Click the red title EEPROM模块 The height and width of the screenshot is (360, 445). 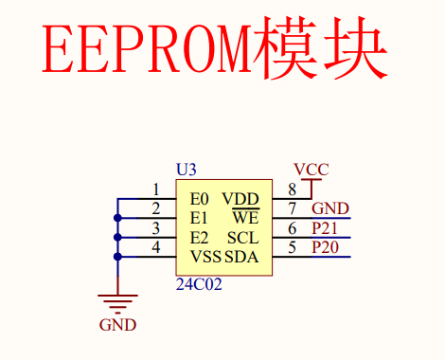click(215, 48)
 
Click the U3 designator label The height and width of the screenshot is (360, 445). click(187, 170)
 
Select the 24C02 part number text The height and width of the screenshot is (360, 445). click(199, 284)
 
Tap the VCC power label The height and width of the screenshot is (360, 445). click(311, 170)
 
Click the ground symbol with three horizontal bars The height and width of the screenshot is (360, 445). click(117, 304)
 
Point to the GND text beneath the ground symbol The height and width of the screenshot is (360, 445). click(117, 325)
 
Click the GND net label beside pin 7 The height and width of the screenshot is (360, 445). click(330, 208)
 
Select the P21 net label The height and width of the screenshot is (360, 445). click(325, 228)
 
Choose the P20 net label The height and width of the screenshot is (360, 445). click(325, 247)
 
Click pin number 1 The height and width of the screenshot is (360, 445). click(156, 189)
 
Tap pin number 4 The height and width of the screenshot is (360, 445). click(156, 247)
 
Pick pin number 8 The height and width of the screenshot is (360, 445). click(293, 189)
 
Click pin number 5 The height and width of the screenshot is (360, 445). click(293, 247)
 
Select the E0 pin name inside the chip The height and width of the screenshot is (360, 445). click(199, 199)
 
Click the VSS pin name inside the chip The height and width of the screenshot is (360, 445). click(205, 257)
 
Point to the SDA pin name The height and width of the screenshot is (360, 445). click(241, 257)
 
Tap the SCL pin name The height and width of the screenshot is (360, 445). click(243, 238)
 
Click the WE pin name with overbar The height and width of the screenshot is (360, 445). click(246, 217)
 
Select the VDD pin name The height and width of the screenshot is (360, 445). click(240, 199)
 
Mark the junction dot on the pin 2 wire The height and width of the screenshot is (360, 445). click(117, 218)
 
